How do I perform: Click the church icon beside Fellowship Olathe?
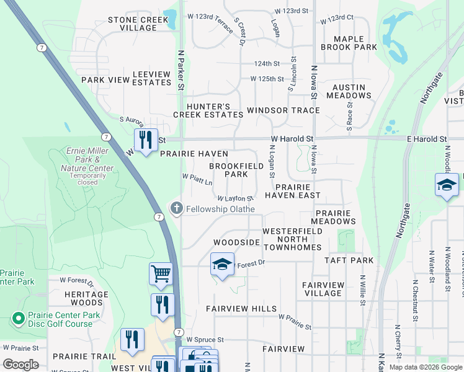coord(177,208)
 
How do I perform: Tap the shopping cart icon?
coord(161,273)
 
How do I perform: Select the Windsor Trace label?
coord(283,110)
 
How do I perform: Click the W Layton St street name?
coord(235,198)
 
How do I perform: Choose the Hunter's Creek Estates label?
coord(208,110)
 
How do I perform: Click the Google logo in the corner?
coord(20,365)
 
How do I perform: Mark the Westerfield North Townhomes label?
coord(292,239)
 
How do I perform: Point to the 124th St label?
coord(267,64)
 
